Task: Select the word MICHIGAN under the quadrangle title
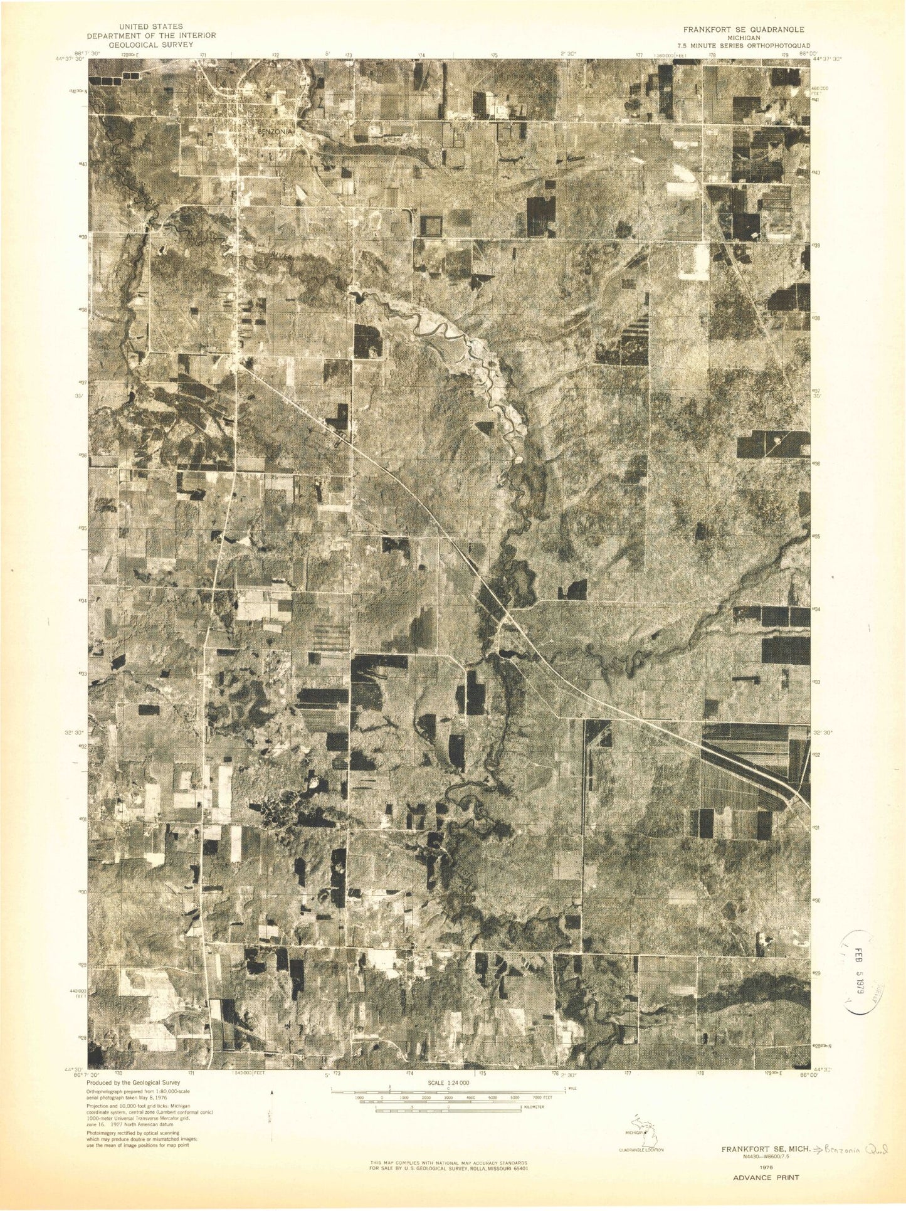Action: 744,38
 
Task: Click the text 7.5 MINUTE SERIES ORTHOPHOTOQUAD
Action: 750,46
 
